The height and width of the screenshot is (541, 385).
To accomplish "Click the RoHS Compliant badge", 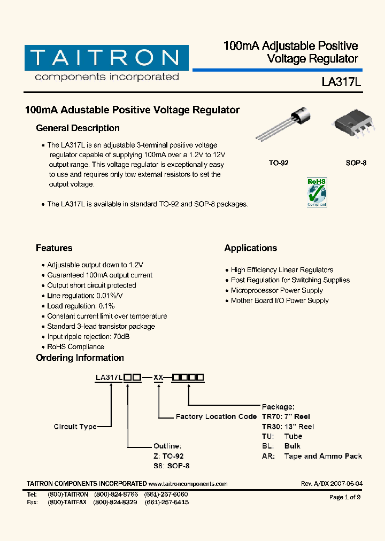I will click(x=316, y=192).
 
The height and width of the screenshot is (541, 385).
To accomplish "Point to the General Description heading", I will click(x=78, y=128).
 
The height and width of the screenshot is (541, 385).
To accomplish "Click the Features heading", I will click(x=54, y=248).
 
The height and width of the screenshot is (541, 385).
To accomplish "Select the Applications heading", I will click(x=250, y=248).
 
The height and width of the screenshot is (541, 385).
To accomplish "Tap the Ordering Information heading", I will click(x=80, y=358).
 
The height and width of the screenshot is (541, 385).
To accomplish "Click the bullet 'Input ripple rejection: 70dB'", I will click(x=88, y=337).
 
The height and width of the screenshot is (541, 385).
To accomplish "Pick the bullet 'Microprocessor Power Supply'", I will click(x=276, y=290).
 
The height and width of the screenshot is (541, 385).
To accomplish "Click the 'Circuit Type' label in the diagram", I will click(x=75, y=427).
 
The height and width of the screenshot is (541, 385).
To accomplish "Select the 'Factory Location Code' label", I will click(x=216, y=416).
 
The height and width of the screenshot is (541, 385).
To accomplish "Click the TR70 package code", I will click(x=271, y=416).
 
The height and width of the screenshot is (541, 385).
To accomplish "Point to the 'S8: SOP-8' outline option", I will click(x=171, y=466).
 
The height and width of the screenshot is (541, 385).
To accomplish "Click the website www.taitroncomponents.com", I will click(x=184, y=484).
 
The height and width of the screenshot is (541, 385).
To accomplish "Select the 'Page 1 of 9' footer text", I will click(x=345, y=497).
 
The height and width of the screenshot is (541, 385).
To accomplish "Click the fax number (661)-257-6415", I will click(x=167, y=503).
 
